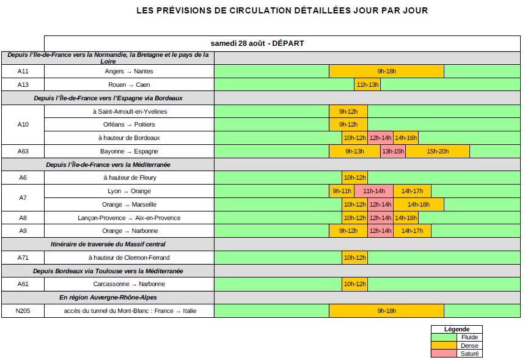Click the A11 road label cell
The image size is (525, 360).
point(23,72)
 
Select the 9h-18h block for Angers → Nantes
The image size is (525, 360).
point(386,72)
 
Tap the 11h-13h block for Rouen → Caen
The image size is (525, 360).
point(367,85)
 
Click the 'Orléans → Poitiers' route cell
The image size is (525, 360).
point(129,125)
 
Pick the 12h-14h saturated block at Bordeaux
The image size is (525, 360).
point(380,138)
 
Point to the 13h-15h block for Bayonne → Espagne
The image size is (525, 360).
point(393,152)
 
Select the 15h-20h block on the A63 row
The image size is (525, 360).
point(438,152)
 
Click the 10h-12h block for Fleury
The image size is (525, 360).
point(354,178)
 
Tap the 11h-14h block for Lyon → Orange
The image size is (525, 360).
point(373,191)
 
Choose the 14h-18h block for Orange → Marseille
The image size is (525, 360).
point(419,205)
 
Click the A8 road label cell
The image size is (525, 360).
point(23,218)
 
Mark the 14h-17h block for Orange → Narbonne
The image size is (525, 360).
point(412,231)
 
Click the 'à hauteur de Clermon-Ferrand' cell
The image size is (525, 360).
point(129,258)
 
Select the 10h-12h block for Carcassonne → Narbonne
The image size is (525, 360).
point(354,284)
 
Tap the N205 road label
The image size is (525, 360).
point(23,311)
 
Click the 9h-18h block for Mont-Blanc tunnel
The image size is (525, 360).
point(386,311)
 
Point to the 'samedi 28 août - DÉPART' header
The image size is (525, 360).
point(257,43)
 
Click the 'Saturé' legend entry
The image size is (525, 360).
point(469,354)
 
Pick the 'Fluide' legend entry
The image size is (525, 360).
point(469,337)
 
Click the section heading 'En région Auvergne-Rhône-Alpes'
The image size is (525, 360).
point(108,298)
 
